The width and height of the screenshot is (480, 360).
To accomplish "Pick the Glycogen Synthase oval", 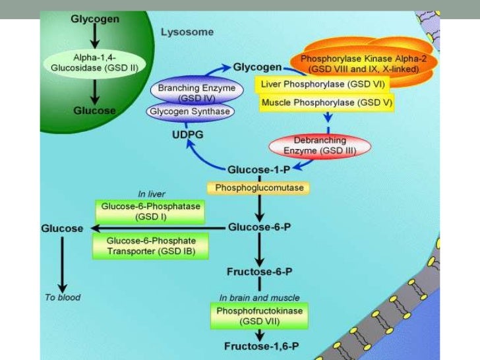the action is [190, 111].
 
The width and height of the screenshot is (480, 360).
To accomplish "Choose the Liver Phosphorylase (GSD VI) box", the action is [322, 84].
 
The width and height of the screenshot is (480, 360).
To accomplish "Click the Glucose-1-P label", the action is [259, 168].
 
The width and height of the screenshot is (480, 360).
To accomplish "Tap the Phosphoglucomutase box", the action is [258, 188].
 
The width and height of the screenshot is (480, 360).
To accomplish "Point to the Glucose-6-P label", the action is [258, 227].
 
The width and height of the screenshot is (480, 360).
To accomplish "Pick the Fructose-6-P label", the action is [259, 271].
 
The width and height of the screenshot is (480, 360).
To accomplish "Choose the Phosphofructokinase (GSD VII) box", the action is [259, 316].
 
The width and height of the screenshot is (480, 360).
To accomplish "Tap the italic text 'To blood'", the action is [63, 297].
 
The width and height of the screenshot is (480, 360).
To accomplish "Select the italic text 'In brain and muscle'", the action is [260, 297].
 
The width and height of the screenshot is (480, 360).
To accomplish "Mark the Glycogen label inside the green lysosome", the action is [96, 19].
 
